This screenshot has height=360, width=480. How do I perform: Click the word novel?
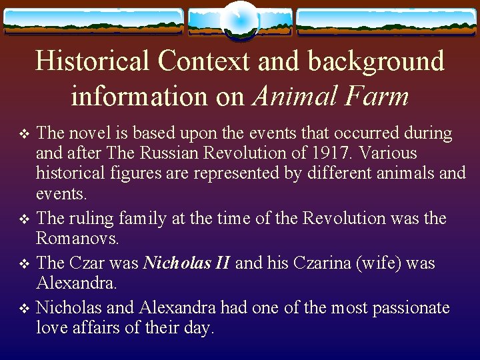tap(85, 133)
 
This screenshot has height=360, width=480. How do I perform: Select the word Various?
tap(388, 153)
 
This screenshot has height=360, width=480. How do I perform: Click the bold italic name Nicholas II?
tap(187, 263)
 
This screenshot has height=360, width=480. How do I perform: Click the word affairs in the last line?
tap(86, 328)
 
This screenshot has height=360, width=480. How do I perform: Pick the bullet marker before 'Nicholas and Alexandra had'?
tap(25, 309)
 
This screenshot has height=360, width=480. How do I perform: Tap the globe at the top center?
tap(239, 20)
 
